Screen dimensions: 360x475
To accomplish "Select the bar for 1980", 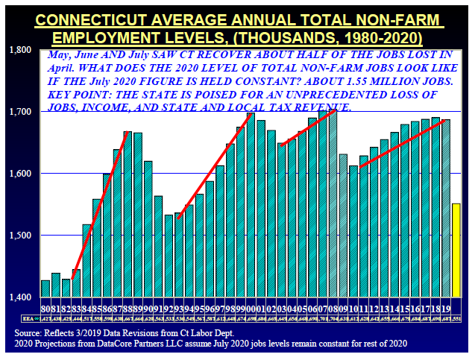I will click(45, 288).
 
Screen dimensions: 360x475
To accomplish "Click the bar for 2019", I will click(446, 208).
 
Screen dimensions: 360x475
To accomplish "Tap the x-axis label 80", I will click(45, 307).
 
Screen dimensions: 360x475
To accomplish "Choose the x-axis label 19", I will click(446, 307).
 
